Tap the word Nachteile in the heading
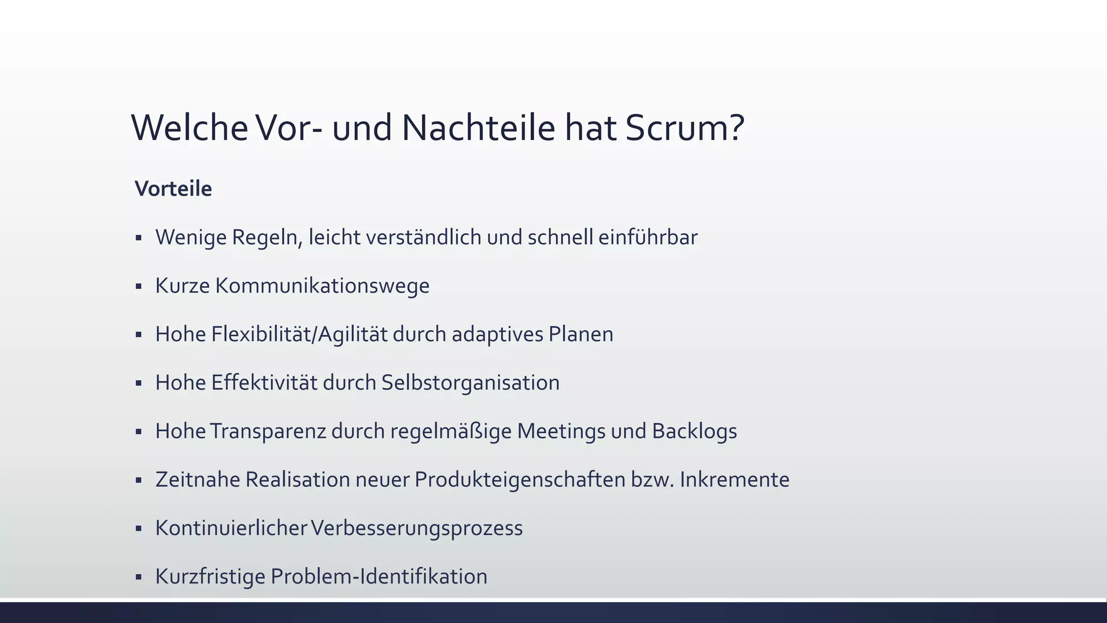pyautogui.click(x=478, y=128)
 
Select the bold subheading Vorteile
pyautogui.click(x=173, y=189)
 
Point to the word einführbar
pyautogui.click(x=648, y=237)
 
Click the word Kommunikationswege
pyautogui.click(x=322, y=286)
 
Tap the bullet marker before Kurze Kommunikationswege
pyautogui.click(x=139, y=286)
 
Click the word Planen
pyautogui.click(x=581, y=334)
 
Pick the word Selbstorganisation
pyautogui.click(x=470, y=383)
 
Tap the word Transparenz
pyautogui.click(x=268, y=431)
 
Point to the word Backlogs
pyautogui.click(x=694, y=431)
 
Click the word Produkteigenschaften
pyautogui.click(x=520, y=480)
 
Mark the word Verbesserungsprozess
pyautogui.click(x=417, y=528)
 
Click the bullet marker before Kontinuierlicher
pyautogui.click(x=139, y=528)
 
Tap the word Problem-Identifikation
pyautogui.click(x=379, y=576)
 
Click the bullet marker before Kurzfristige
pyautogui.click(x=139, y=577)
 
